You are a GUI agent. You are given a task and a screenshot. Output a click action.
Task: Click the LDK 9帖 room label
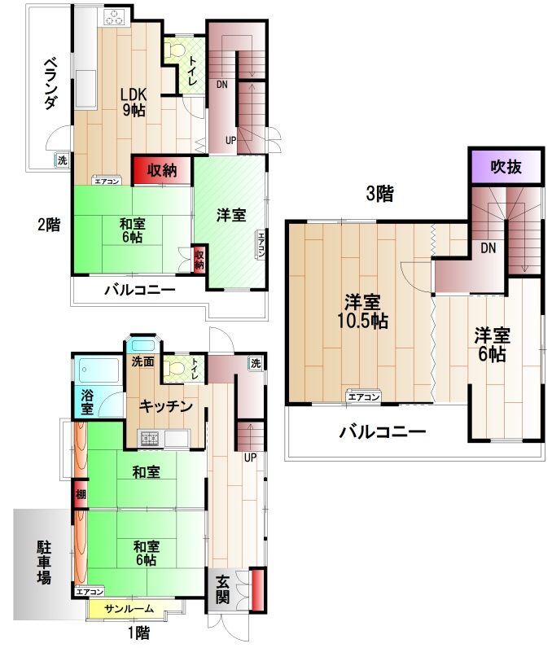pyautogui.click(x=133, y=102)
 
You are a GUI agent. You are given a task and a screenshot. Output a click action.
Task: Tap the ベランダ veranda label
pyautogui.click(x=50, y=84)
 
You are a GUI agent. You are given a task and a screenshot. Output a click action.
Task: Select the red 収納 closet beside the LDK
pyautogui.click(x=162, y=170)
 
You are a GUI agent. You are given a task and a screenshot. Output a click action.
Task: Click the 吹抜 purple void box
pyautogui.click(x=506, y=167)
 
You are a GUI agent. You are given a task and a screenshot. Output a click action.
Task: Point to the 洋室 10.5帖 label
pyautogui.click(x=363, y=311)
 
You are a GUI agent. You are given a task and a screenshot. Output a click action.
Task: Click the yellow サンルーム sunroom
pyautogui.click(x=129, y=608)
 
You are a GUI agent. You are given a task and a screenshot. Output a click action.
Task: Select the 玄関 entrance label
pyautogui.click(x=222, y=589)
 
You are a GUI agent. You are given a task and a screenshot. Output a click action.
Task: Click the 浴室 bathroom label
pyautogui.click(x=87, y=401)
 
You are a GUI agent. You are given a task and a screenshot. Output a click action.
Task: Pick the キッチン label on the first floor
pyautogui.click(x=166, y=406)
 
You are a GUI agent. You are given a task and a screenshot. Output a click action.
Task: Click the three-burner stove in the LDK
pyautogui.click(x=114, y=18)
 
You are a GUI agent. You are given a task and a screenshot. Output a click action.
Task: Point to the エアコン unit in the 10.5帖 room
pyautogui.click(x=363, y=396)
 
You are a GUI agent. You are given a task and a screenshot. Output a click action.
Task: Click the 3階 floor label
pyautogui.click(x=379, y=194)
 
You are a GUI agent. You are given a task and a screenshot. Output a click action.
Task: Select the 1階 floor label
pyautogui.click(x=139, y=633)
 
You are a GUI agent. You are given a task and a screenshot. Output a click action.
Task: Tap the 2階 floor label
pyautogui.click(x=49, y=225)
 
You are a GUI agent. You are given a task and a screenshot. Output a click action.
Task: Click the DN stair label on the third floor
pyautogui.click(x=488, y=248)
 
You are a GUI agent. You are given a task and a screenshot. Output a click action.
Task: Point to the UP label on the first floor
pyautogui.click(x=251, y=458)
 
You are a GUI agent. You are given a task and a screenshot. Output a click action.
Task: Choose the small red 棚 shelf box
pyautogui.click(x=81, y=493)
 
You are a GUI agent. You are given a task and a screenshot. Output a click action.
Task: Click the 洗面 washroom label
pyautogui.click(x=143, y=362)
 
